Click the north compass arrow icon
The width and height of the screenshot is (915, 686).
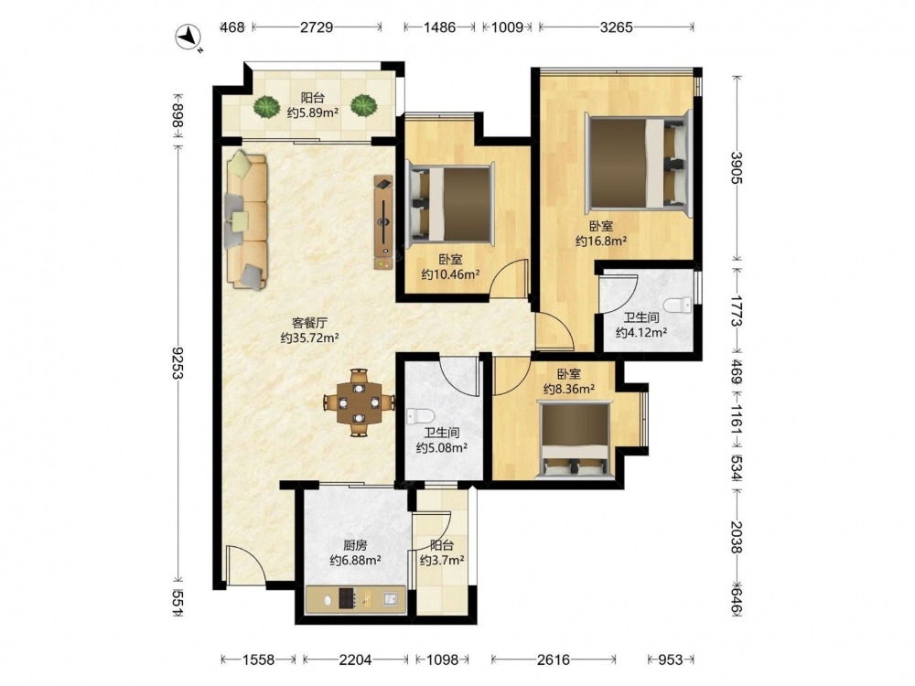click(188, 37)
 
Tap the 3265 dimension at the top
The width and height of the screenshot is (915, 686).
click(616, 27)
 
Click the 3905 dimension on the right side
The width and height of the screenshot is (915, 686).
click(737, 168)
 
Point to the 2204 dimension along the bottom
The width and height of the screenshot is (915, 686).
click(355, 659)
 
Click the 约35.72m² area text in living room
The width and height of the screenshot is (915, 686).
click(310, 338)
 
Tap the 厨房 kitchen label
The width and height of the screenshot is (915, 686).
click(355, 545)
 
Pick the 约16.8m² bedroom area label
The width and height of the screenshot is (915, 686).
click(601, 241)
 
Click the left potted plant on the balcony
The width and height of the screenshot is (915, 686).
click(266, 106)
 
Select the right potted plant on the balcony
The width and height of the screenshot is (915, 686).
click(363, 105)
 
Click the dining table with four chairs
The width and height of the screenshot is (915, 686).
click(359, 402)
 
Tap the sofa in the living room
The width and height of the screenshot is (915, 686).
click(247, 220)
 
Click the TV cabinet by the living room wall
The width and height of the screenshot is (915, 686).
click(382, 222)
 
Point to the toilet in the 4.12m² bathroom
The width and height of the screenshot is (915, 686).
click(680, 305)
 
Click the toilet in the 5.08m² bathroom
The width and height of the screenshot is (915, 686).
click(420, 416)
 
